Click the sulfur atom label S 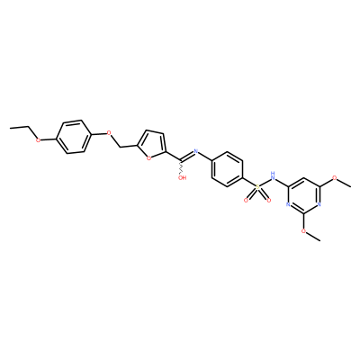(x=257, y=187)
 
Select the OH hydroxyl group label (x=183, y=177)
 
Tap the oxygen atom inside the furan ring (x=148, y=158)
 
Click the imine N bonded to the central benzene (x=196, y=150)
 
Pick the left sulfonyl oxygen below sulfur (x=246, y=200)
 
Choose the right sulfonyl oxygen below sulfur (x=268, y=200)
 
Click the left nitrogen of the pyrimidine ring (x=288, y=205)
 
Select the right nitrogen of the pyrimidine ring (x=319, y=205)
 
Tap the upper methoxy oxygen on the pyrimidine (x=335, y=178)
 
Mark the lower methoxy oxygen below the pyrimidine (x=303, y=231)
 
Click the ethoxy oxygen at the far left (x=38, y=139)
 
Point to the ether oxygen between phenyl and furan (x=109, y=132)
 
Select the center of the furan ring (x=154, y=144)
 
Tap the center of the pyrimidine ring (x=303, y=196)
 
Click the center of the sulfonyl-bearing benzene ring (x=227, y=168)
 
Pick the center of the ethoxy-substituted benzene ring (x=73, y=137)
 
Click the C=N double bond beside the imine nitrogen (x=187, y=156)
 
